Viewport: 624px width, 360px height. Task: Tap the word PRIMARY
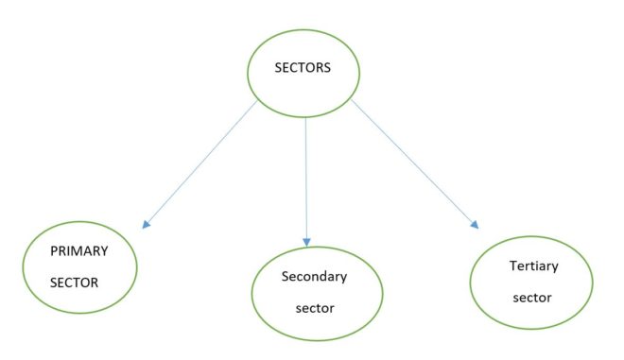pos(80,252)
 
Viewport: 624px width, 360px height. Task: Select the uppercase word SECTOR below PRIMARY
pos(75,282)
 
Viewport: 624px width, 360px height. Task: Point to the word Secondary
pos(315,277)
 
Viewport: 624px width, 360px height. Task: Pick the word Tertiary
pos(530,266)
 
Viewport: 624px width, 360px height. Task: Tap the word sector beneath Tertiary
pos(530,297)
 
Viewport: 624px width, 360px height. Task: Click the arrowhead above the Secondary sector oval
pos(306,239)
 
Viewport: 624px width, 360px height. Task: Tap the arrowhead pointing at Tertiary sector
pos(474,225)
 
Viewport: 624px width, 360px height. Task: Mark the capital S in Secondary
pos(285,277)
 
